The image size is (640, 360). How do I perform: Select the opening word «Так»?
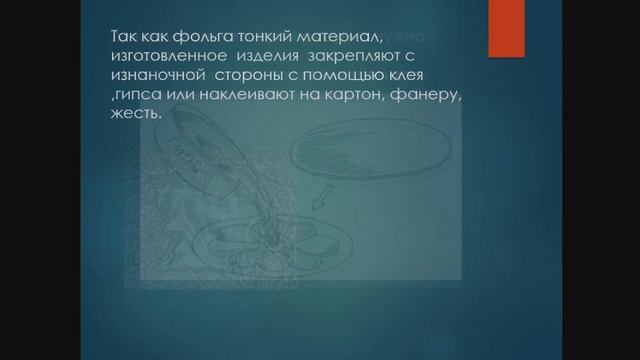coord(125,37)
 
